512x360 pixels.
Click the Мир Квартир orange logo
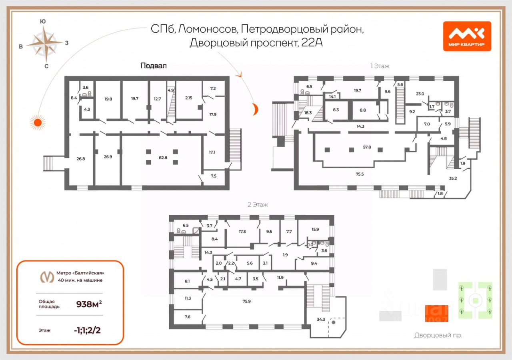pyautogui.click(x=467, y=36)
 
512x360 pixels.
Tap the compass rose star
pyautogui.click(x=45, y=43)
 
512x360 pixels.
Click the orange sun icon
pyautogui.click(x=37, y=122)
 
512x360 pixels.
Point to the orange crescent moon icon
pyautogui.click(x=253, y=109)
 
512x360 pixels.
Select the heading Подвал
pyautogui.click(x=153, y=66)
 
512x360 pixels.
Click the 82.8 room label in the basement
pyautogui.click(x=163, y=158)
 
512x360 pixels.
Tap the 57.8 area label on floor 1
pyautogui.click(x=367, y=147)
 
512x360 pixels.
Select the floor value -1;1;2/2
pyautogui.click(x=87, y=330)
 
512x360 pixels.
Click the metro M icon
pyautogui.click(x=48, y=276)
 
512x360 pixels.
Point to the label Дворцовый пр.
pyautogui.click(x=438, y=335)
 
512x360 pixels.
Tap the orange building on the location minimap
pyautogui.click(x=437, y=313)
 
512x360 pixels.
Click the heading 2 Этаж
pyautogui.click(x=258, y=204)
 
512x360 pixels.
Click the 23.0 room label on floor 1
pyautogui.click(x=420, y=94)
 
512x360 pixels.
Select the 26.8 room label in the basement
pyautogui.click(x=81, y=158)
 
